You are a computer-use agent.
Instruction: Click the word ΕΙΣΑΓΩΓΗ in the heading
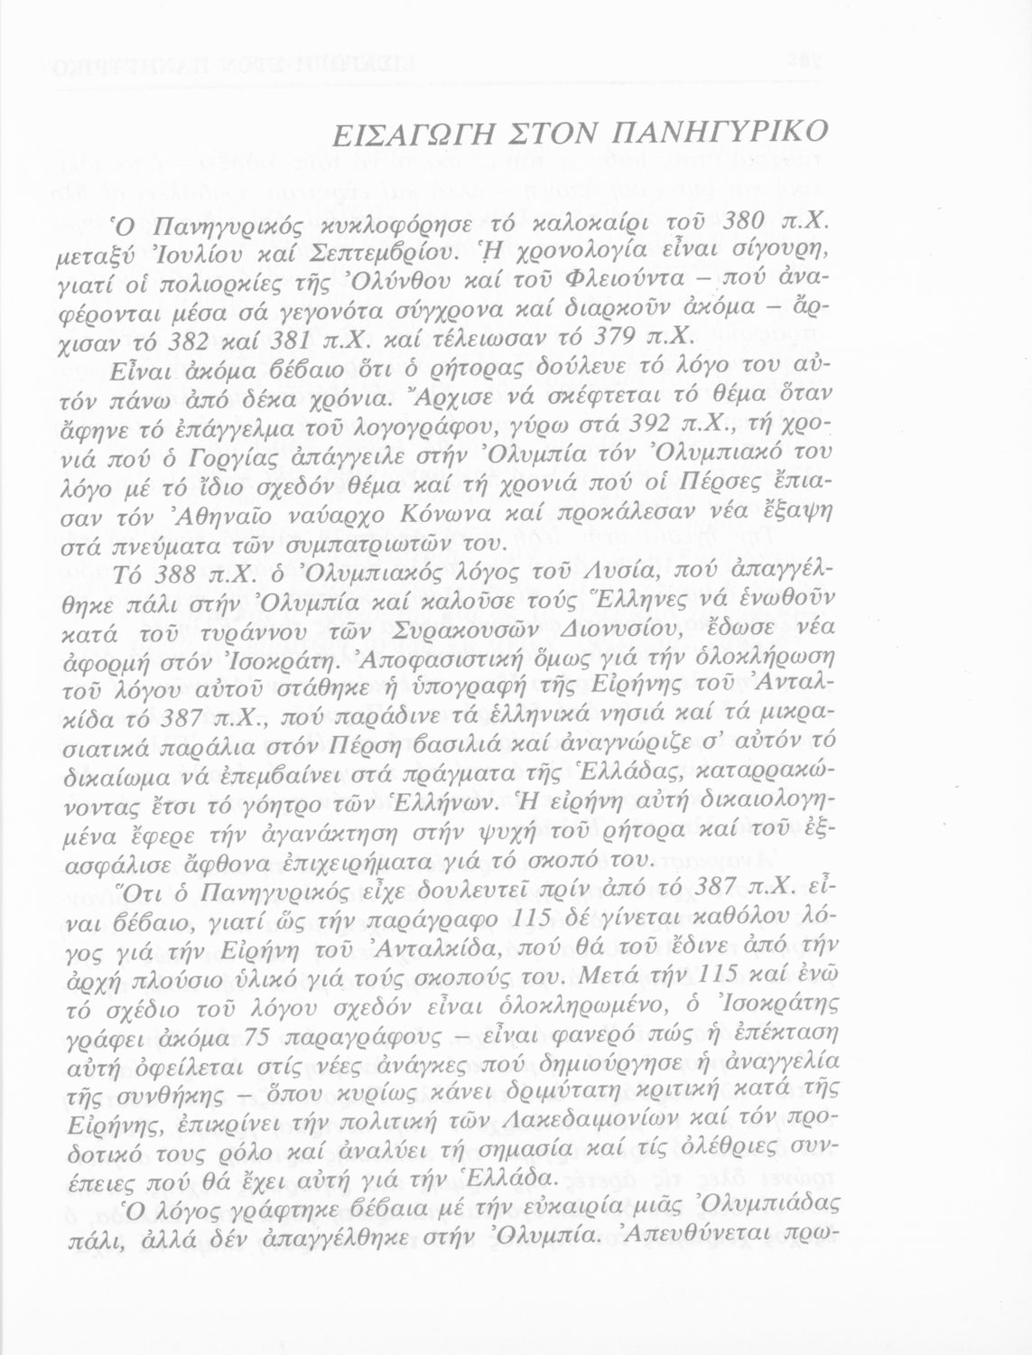pos(403,134)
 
